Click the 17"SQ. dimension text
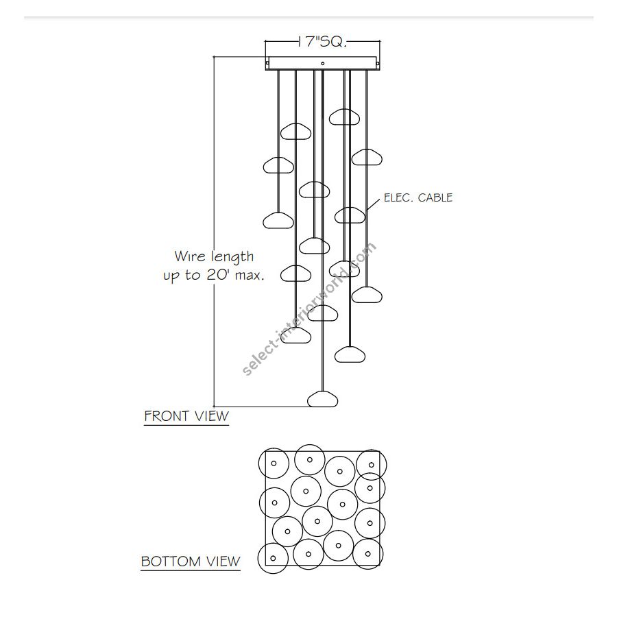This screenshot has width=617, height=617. pyautogui.click(x=322, y=42)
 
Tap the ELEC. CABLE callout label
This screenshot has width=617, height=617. pyautogui.click(x=418, y=197)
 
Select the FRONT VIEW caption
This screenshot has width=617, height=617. pyautogui.click(x=186, y=416)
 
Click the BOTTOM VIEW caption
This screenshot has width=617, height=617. pyautogui.click(x=191, y=562)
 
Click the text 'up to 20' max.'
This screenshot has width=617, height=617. pyautogui.click(x=214, y=275)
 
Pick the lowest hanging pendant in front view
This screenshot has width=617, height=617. pyautogui.click(x=323, y=399)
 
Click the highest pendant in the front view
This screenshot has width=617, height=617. pyautogui.click(x=344, y=117)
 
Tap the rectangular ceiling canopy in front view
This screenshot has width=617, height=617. pyautogui.click(x=322, y=62)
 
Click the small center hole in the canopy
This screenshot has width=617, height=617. pyautogui.click(x=322, y=63)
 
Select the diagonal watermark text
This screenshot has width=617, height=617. pyautogui.click(x=310, y=310)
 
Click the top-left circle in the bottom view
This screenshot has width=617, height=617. pyautogui.click(x=274, y=464)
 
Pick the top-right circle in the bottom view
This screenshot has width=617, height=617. pyautogui.click(x=371, y=464)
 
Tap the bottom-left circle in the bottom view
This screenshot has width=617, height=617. pyautogui.click(x=273, y=557)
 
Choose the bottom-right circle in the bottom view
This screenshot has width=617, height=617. pyautogui.click(x=370, y=553)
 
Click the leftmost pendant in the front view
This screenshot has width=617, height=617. pyautogui.click(x=278, y=165)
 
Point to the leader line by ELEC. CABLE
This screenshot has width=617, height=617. pyautogui.click(x=372, y=204)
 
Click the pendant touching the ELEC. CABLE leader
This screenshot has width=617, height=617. pyautogui.click(x=350, y=215)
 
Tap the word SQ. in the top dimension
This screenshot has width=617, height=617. pyautogui.click(x=334, y=42)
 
